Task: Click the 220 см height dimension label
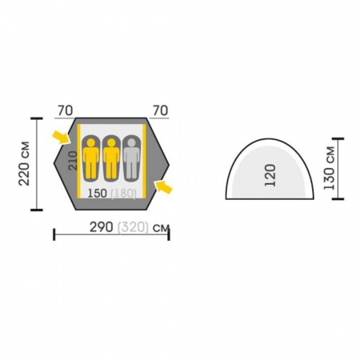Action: click(24, 163)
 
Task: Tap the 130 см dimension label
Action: click(329, 169)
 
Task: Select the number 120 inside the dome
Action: click(270, 175)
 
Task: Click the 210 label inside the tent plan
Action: click(73, 161)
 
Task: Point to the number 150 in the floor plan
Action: click(98, 194)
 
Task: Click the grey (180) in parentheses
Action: click(123, 194)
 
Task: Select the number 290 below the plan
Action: click(101, 227)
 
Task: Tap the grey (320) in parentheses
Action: click(133, 228)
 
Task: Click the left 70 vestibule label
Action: click(66, 111)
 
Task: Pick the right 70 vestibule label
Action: click(161, 110)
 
